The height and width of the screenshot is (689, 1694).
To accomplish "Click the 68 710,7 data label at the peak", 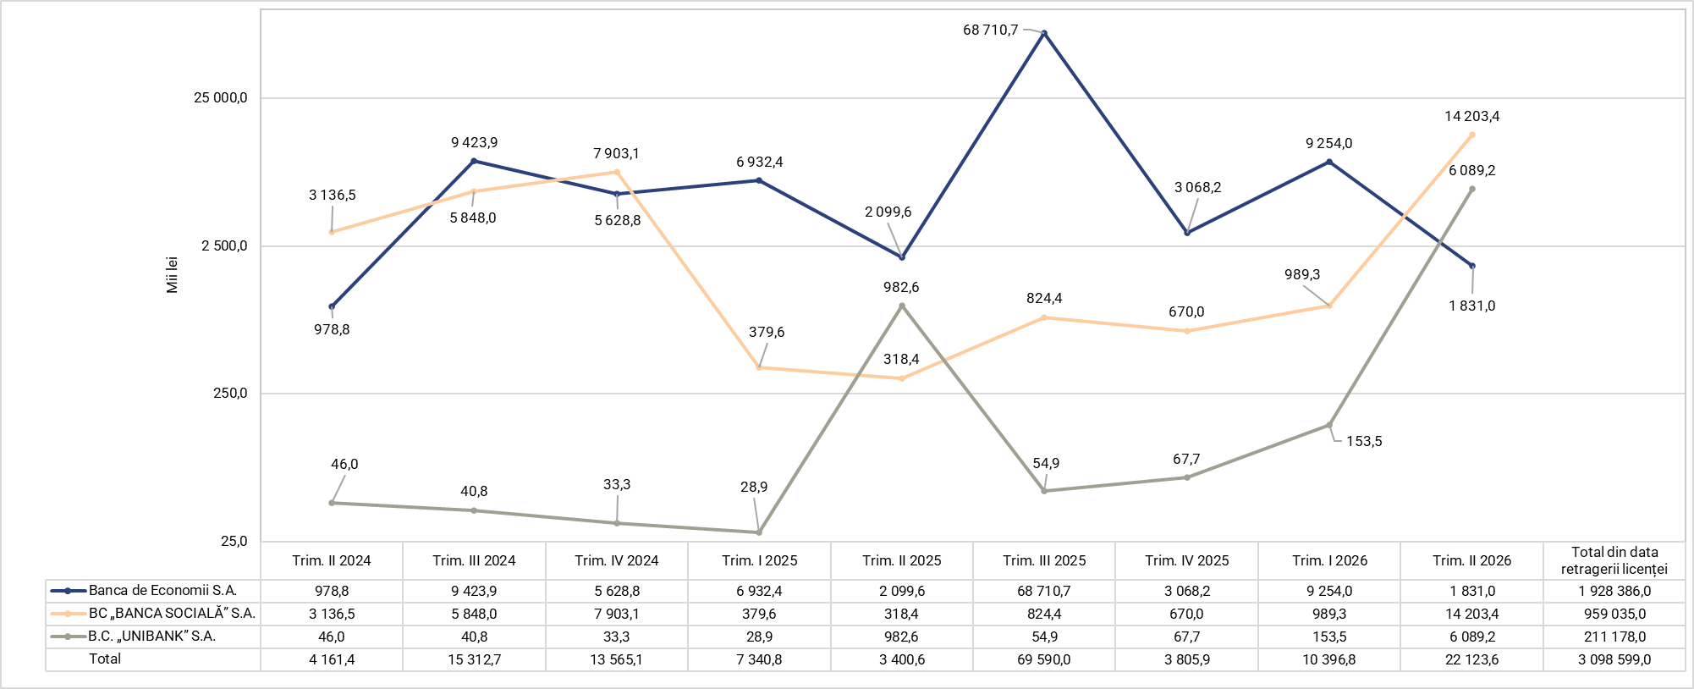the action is (990, 30).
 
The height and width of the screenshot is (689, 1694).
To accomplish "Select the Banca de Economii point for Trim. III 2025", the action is (1044, 33).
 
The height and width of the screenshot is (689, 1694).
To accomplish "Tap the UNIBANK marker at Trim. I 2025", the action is (759, 532).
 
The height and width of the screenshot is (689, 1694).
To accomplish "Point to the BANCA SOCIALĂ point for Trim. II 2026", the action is (1472, 135).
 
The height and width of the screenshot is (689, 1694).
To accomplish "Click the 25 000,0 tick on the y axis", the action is (220, 98).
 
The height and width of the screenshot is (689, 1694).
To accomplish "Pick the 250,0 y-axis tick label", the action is (230, 394).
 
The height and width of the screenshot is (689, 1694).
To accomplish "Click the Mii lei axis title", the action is (173, 274).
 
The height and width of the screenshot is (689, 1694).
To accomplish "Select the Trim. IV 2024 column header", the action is (617, 560).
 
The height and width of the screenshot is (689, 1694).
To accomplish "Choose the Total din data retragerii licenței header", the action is (1614, 560).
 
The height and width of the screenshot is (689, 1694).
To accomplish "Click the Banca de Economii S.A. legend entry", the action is (162, 591).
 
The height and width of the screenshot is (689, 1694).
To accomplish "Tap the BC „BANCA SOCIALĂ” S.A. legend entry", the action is (172, 614).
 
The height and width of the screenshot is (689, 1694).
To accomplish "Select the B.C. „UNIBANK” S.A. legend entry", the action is (152, 637).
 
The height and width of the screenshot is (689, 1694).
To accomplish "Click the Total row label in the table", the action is (105, 659).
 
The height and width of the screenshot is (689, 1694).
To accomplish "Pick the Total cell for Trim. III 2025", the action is (1044, 659).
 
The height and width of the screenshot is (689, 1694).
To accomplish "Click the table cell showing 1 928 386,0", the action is (1614, 591).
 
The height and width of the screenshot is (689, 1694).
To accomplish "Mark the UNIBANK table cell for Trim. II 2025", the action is (902, 637).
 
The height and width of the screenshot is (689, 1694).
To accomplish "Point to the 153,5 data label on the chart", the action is (1364, 441).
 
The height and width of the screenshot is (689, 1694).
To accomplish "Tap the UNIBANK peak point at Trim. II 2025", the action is (902, 306).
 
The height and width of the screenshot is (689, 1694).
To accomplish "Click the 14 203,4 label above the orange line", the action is (1472, 116).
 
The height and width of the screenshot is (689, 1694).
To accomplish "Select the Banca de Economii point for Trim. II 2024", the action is (332, 306).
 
